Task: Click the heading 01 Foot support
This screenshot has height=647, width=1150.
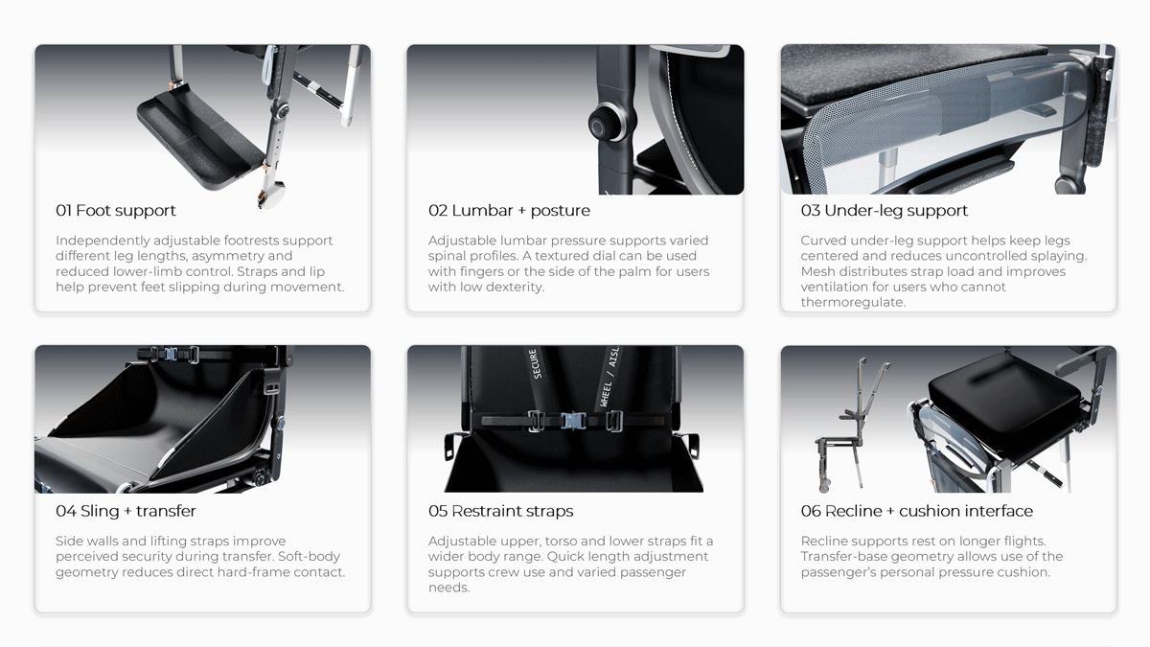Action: pyautogui.click(x=116, y=211)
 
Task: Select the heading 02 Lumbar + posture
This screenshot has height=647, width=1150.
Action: pyautogui.click(x=509, y=211)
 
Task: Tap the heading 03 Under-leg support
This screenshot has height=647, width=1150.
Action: pyautogui.click(x=884, y=211)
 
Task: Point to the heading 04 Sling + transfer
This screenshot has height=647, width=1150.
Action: pyautogui.click(x=126, y=511)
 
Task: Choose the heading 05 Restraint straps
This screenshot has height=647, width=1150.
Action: pyautogui.click(x=500, y=511)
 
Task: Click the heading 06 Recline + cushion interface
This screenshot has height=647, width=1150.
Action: pyautogui.click(x=916, y=511)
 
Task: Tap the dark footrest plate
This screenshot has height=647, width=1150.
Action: pyautogui.click(x=200, y=138)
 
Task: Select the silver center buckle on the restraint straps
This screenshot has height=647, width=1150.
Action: pyautogui.click(x=573, y=421)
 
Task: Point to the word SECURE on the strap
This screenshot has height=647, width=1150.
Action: pyautogui.click(x=535, y=363)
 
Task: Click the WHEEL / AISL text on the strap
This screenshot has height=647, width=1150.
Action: pyautogui.click(x=609, y=377)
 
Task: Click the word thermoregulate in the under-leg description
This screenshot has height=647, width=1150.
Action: pyautogui.click(x=852, y=302)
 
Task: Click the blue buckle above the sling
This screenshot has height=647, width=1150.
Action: pyautogui.click(x=171, y=354)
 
